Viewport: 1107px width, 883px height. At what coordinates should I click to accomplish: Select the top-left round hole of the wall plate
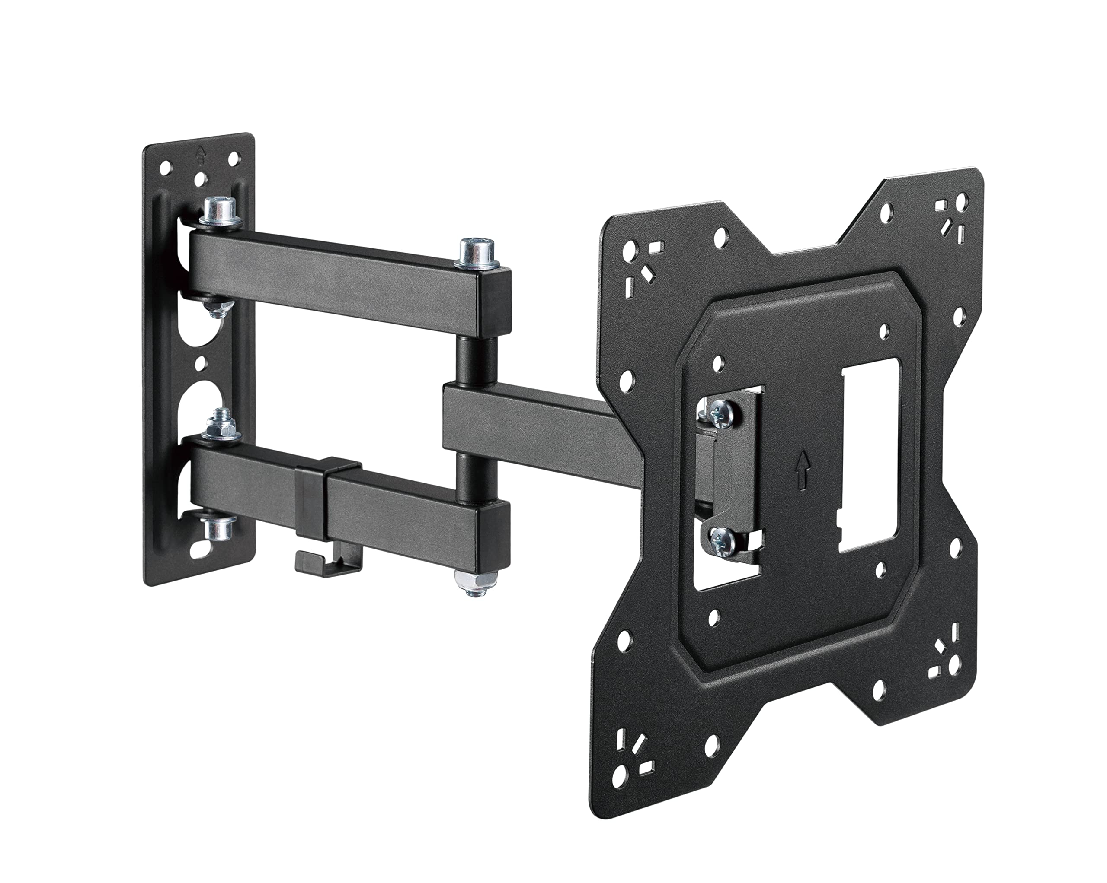point(165,168)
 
